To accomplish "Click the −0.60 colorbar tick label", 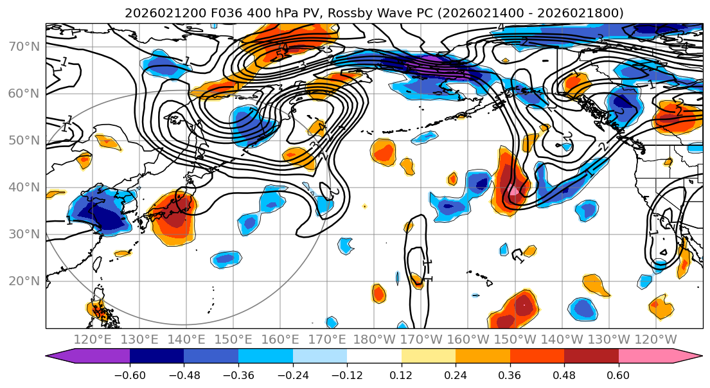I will click(x=130, y=375).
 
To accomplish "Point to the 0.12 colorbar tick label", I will click(x=402, y=375).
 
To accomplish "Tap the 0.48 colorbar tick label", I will click(x=564, y=375).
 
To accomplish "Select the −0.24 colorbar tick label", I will click(x=292, y=375).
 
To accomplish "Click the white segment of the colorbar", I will click(x=374, y=357).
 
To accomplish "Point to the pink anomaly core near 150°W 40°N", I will click(x=514, y=191).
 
